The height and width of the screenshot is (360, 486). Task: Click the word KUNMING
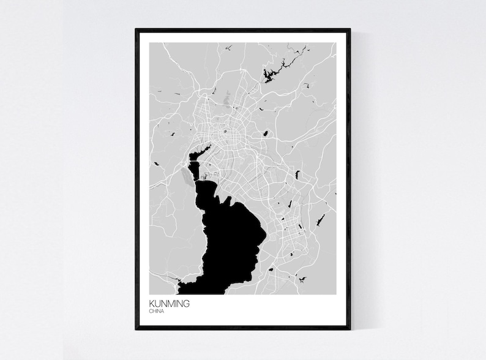[x=168, y=302]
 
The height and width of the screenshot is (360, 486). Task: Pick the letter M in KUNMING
[x=169, y=302]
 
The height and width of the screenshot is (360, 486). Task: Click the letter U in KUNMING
[x=157, y=302]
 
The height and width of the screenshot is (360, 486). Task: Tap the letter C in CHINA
[x=150, y=311]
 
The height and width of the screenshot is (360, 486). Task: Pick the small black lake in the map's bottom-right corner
[x=302, y=279]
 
